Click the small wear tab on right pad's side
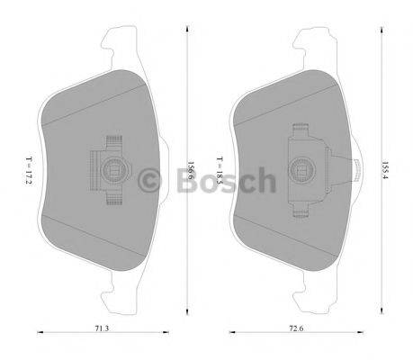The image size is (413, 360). [x=357, y=169]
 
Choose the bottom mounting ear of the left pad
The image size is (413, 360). [x=113, y=297]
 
